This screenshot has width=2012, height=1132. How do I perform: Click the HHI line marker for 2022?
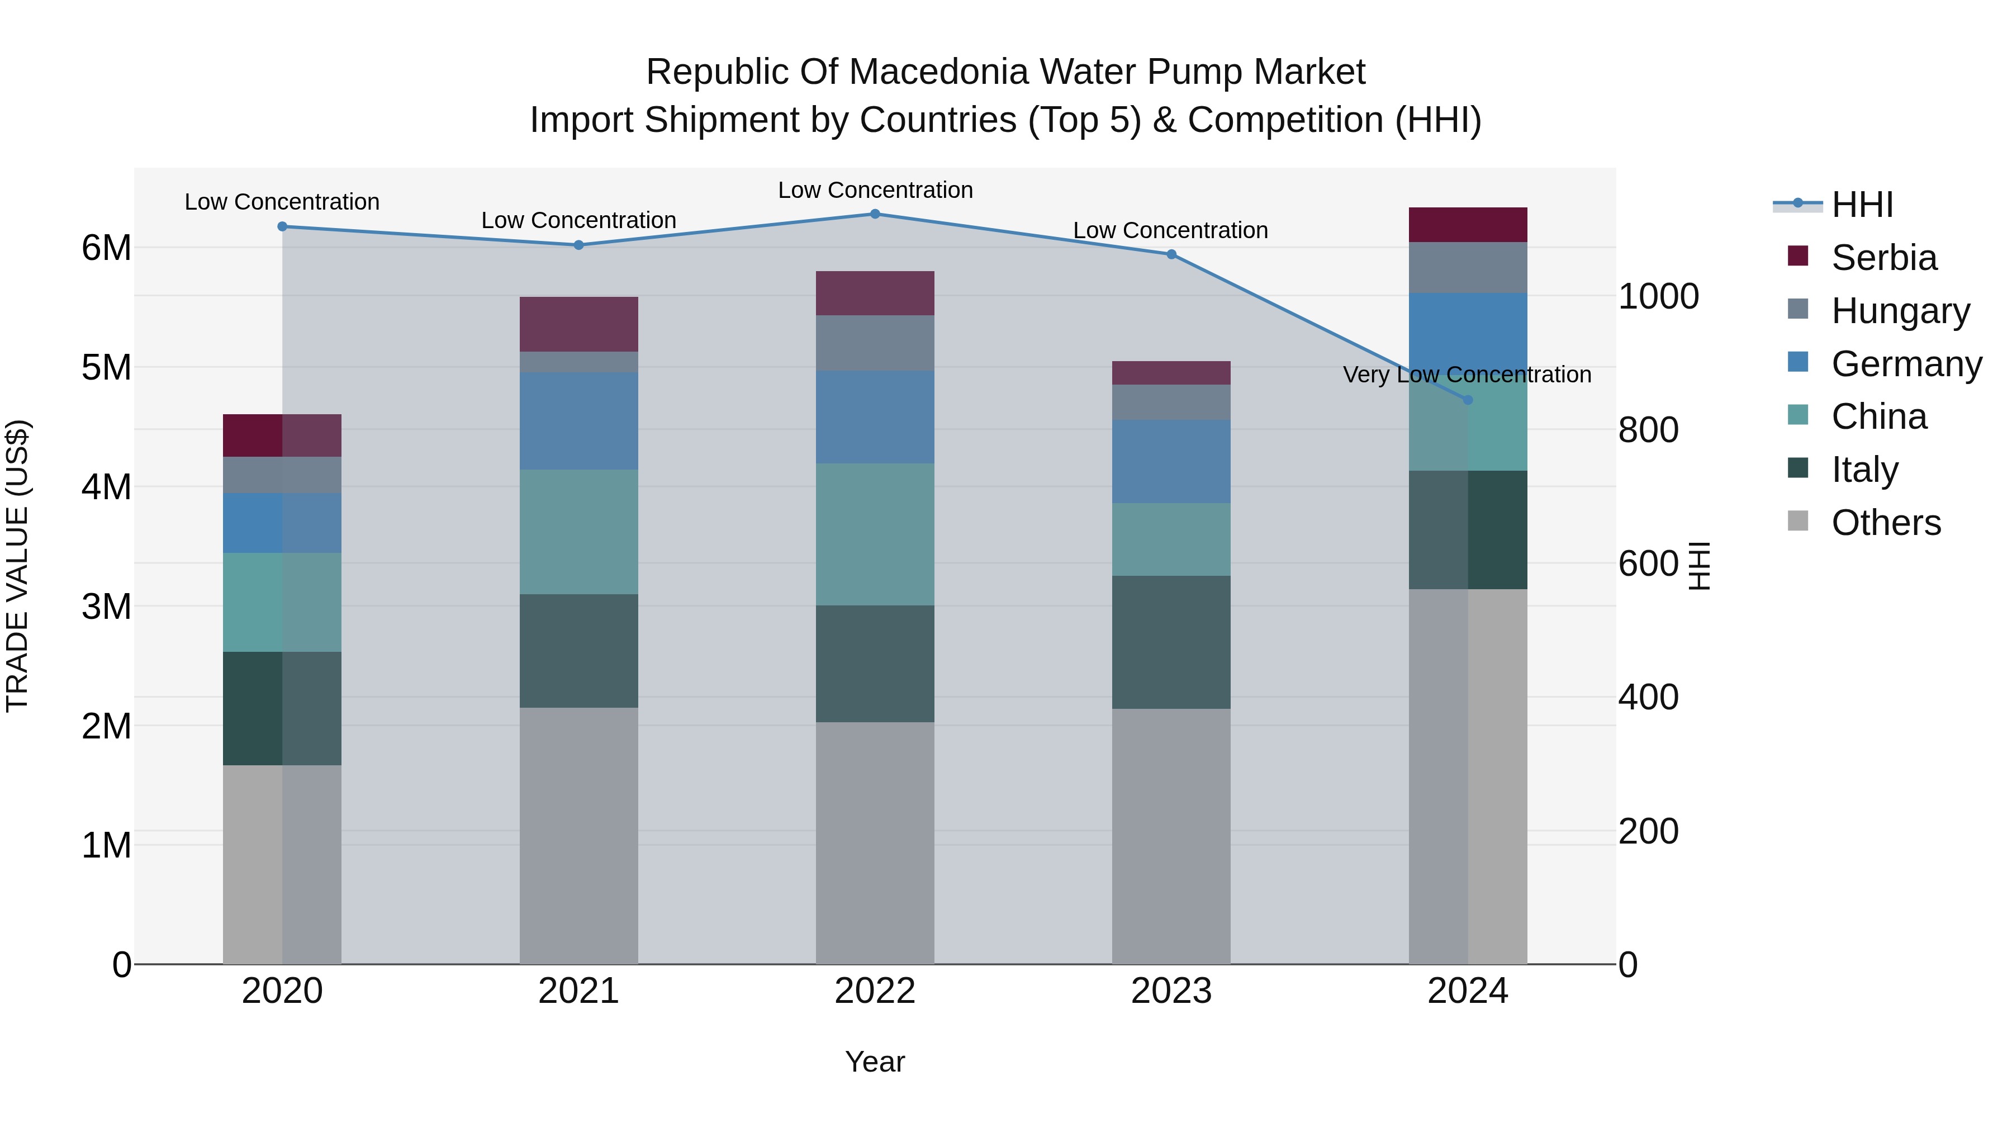(x=875, y=214)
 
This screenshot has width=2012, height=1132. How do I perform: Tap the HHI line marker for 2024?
(x=1468, y=400)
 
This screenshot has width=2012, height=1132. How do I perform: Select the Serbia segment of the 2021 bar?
(x=579, y=324)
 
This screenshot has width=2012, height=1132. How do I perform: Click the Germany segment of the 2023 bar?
(x=1171, y=462)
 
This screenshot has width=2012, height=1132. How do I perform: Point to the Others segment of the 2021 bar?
(x=579, y=835)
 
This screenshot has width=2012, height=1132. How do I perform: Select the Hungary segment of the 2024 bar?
(x=1468, y=267)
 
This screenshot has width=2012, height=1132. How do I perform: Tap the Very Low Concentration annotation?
(x=1467, y=375)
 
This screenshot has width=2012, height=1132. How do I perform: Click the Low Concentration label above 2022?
(x=875, y=190)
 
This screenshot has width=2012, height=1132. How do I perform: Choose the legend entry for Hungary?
(x=1900, y=310)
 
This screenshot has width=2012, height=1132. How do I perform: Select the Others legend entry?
(x=1886, y=523)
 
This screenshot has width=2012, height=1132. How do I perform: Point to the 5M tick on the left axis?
(x=106, y=367)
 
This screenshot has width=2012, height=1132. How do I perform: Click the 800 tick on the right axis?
(x=1648, y=430)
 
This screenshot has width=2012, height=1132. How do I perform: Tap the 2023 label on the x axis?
(x=1171, y=991)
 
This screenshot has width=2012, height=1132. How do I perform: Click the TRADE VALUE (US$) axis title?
(x=17, y=566)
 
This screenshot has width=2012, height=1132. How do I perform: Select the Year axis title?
(x=875, y=1062)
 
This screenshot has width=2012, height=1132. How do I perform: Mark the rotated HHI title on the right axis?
(x=1700, y=566)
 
